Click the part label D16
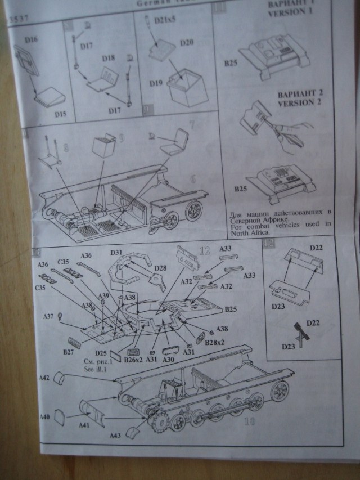31,40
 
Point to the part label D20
186,58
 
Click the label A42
46,378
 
